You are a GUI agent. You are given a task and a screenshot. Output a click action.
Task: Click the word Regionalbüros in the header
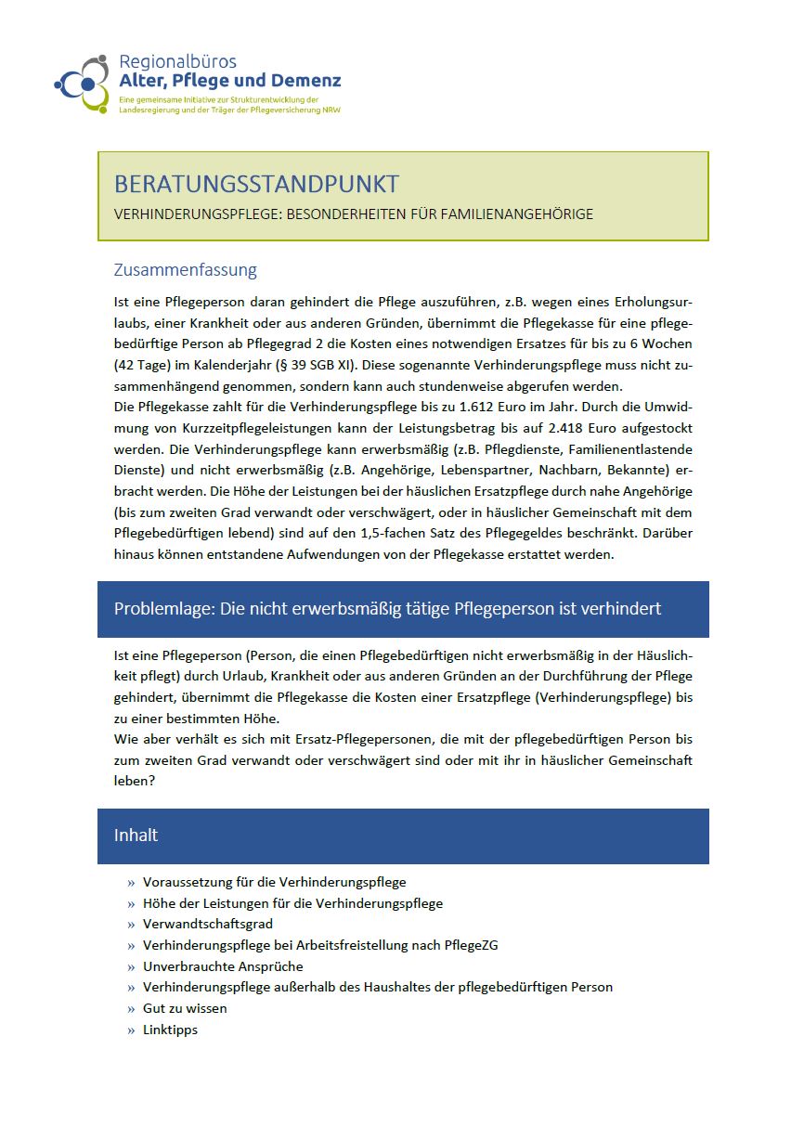[177, 62]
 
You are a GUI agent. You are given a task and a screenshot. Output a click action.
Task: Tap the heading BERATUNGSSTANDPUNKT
[256, 183]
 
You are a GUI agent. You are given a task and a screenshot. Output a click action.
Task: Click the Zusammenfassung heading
[185, 270]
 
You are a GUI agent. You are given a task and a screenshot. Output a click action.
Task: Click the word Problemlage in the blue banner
[162, 609]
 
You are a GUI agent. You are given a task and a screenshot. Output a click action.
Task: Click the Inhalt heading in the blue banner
[136, 836]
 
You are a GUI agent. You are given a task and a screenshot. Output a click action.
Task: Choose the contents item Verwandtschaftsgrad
[207, 925]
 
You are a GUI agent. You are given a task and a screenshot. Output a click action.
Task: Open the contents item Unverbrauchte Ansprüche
[223, 966]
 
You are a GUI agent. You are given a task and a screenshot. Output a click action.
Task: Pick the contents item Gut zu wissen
[185, 1008]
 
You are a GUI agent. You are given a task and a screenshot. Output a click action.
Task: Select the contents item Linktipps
[170, 1030]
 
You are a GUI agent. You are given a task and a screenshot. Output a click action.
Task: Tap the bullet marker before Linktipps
[131, 1030]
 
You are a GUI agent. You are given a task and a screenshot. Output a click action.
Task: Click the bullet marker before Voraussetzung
[131, 883]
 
